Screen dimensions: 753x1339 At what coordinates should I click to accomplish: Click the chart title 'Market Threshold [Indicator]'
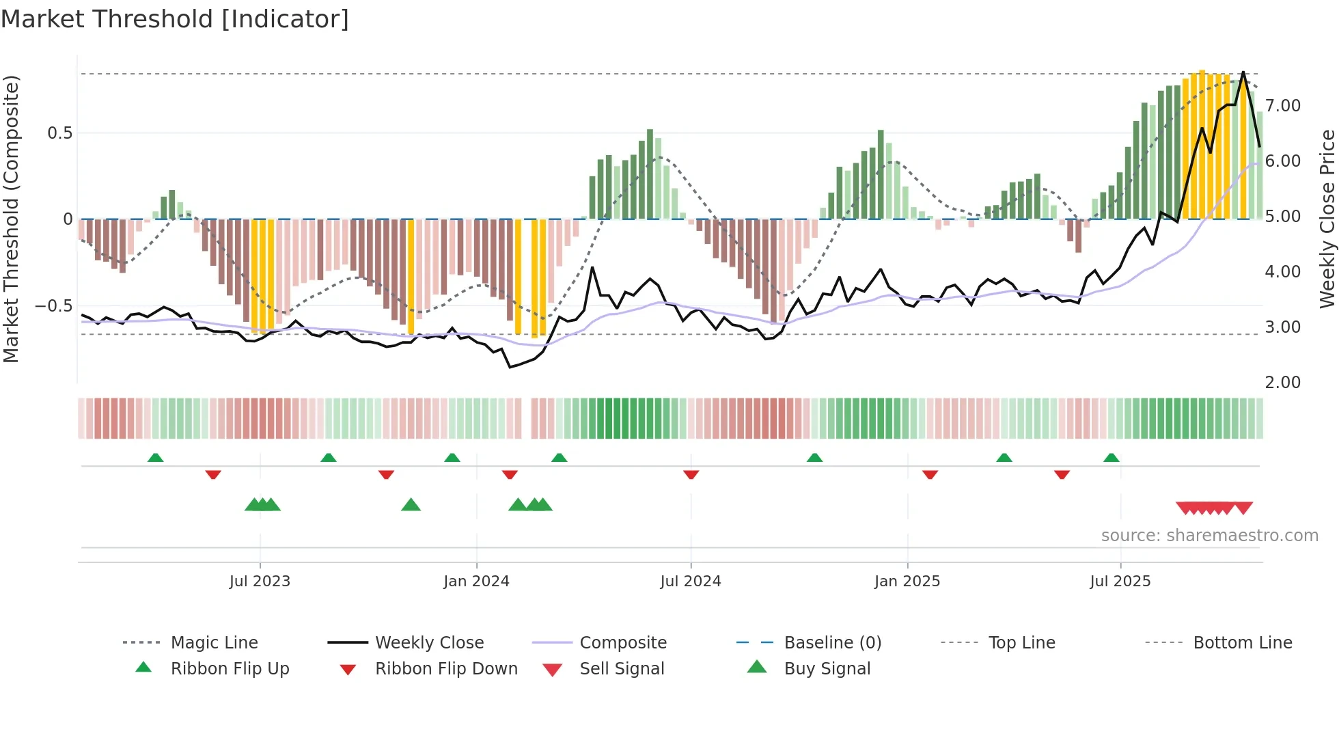(175, 19)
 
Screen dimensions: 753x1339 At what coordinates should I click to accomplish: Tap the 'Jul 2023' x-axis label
(260, 581)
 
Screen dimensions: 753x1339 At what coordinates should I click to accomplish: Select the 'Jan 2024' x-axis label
(476, 581)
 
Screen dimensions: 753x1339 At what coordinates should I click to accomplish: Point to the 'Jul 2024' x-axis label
(690, 581)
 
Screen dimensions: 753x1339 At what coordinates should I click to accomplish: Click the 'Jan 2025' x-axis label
(907, 581)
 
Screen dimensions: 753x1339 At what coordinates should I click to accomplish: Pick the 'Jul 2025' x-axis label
(1120, 581)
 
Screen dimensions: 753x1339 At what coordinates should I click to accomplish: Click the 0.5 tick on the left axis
(59, 133)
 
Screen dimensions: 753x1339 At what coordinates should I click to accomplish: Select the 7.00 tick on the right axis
(1282, 106)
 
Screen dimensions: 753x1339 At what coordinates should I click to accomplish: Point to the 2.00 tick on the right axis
(1282, 383)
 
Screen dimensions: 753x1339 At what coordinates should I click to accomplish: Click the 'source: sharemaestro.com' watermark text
(1209, 536)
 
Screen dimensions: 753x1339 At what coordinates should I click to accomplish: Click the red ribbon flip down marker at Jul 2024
(691, 474)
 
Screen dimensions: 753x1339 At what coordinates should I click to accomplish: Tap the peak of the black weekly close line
(1243, 72)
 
